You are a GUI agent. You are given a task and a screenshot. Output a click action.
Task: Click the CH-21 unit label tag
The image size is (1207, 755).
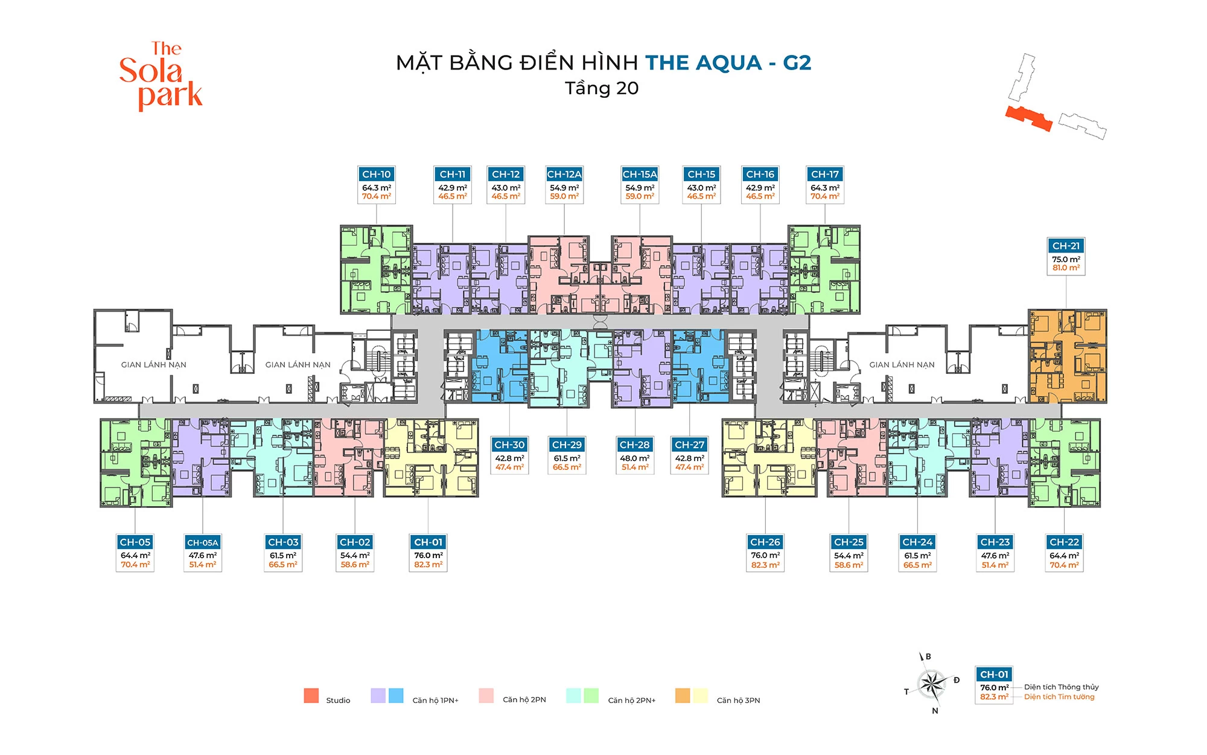click(1066, 246)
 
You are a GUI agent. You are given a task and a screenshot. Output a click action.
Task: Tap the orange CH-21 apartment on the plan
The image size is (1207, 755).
click(1067, 356)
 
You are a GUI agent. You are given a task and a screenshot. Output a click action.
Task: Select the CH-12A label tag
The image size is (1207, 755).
click(564, 174)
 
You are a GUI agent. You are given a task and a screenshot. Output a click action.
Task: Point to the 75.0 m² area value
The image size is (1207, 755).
click(1066, 259)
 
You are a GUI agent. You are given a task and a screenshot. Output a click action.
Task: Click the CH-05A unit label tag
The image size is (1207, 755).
click(202, 542)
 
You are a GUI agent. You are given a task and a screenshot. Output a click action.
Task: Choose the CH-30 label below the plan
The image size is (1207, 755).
click(509, 445)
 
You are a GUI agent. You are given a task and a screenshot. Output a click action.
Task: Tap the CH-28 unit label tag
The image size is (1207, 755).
click(634, 445)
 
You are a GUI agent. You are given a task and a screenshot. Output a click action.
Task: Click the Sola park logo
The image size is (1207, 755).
click(161, 75)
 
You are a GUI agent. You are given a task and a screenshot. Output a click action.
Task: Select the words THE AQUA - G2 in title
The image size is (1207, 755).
click(728, 63)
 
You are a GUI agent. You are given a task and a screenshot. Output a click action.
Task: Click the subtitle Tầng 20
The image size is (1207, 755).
click(602, 88)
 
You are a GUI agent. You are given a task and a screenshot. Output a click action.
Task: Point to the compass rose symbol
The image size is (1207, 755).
click(932, 683)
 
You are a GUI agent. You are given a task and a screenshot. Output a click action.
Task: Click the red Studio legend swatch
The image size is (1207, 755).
click(311, 696)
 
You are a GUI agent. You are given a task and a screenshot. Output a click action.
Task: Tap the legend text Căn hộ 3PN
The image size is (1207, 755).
click(738, 700)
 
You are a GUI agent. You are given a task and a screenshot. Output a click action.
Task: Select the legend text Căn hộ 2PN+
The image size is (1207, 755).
click(631, 700)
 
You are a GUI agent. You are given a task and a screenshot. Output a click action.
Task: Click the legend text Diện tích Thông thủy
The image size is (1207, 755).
click(1061, 687)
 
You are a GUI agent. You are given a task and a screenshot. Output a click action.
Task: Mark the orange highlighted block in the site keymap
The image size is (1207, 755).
click(1029, 118)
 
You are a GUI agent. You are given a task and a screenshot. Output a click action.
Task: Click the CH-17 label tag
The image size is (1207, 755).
click(824, 174)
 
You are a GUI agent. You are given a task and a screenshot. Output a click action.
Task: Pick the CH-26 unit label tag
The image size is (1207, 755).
click(765, 542)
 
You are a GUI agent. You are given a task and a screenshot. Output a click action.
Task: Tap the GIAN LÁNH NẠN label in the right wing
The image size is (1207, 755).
click(902, 365)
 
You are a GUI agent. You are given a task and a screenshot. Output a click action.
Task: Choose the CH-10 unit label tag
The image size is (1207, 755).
click(376, 174)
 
